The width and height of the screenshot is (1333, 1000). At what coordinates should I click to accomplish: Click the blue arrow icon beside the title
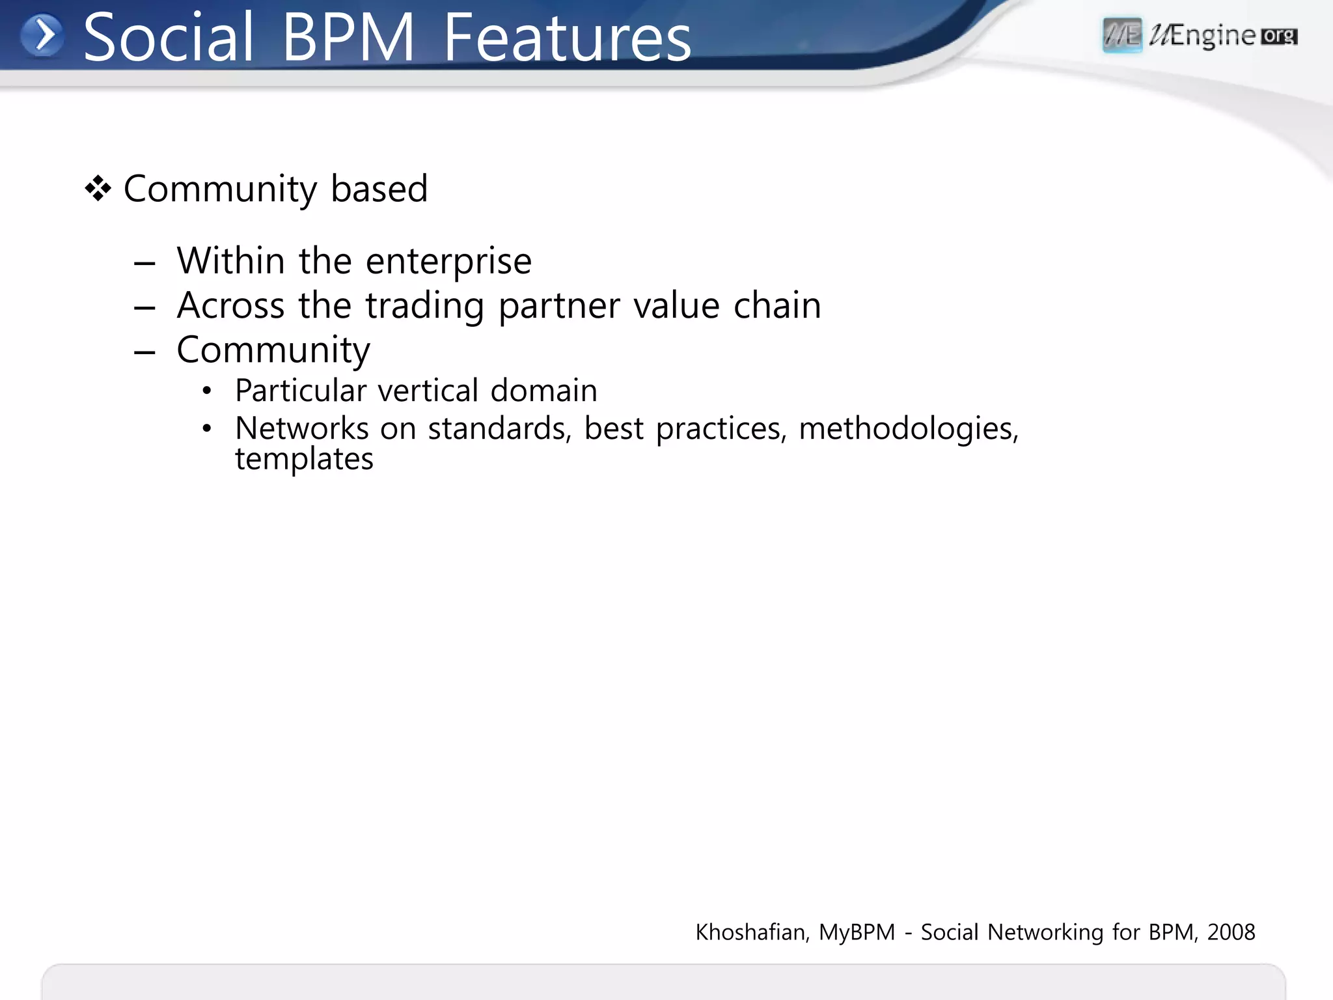pyautogui.click(x=42, y=35)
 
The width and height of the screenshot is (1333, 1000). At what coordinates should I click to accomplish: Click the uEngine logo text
pyautogui.click(x=1202, y=36)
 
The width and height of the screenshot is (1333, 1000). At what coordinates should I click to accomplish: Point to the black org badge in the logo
pyautogui.click(x=1279, y=36)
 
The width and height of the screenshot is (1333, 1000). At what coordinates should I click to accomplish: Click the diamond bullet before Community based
pyautogui.click(x=98, y=189)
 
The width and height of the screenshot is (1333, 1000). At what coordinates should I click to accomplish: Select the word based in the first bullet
pyautogui.click(x=379, y=189)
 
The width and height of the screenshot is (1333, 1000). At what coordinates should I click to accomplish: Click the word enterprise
pyautogui.click(x=448, y=262)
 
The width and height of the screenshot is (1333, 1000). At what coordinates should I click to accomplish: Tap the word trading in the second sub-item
pyautogui.click(x=424, y=306)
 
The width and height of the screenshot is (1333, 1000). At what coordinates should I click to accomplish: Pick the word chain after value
pyautogui.click(x=777, y=305)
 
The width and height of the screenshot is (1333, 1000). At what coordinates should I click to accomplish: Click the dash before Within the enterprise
pyautogui.click(x=144, y=264)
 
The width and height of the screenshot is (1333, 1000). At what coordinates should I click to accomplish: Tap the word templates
pyautogui.click(x=304, y=460)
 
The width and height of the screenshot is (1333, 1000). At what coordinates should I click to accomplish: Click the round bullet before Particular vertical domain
pyautogui.click(x=207, y=391)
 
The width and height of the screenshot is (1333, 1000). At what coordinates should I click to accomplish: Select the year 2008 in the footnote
pyautogui.click(x=1231, y=932)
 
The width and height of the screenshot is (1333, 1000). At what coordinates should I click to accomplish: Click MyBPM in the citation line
pyautogui.click(x=857, y=932)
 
